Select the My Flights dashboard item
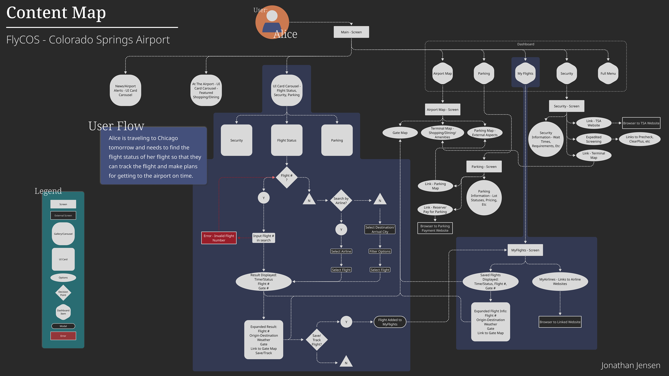click(525, 73)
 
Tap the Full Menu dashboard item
click(608, 73)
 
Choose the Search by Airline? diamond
click(341, 201)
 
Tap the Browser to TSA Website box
click(641, 123)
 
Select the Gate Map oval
click(400, 133)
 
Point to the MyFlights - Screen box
click(525, 250)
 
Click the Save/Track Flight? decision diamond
click(317, 340)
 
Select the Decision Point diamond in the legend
click(63, 293)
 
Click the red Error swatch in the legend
click(63, 336)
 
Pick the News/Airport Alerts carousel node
click(125, 90)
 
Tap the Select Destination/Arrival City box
click(380, 229)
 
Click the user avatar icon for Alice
click(272, 22)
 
